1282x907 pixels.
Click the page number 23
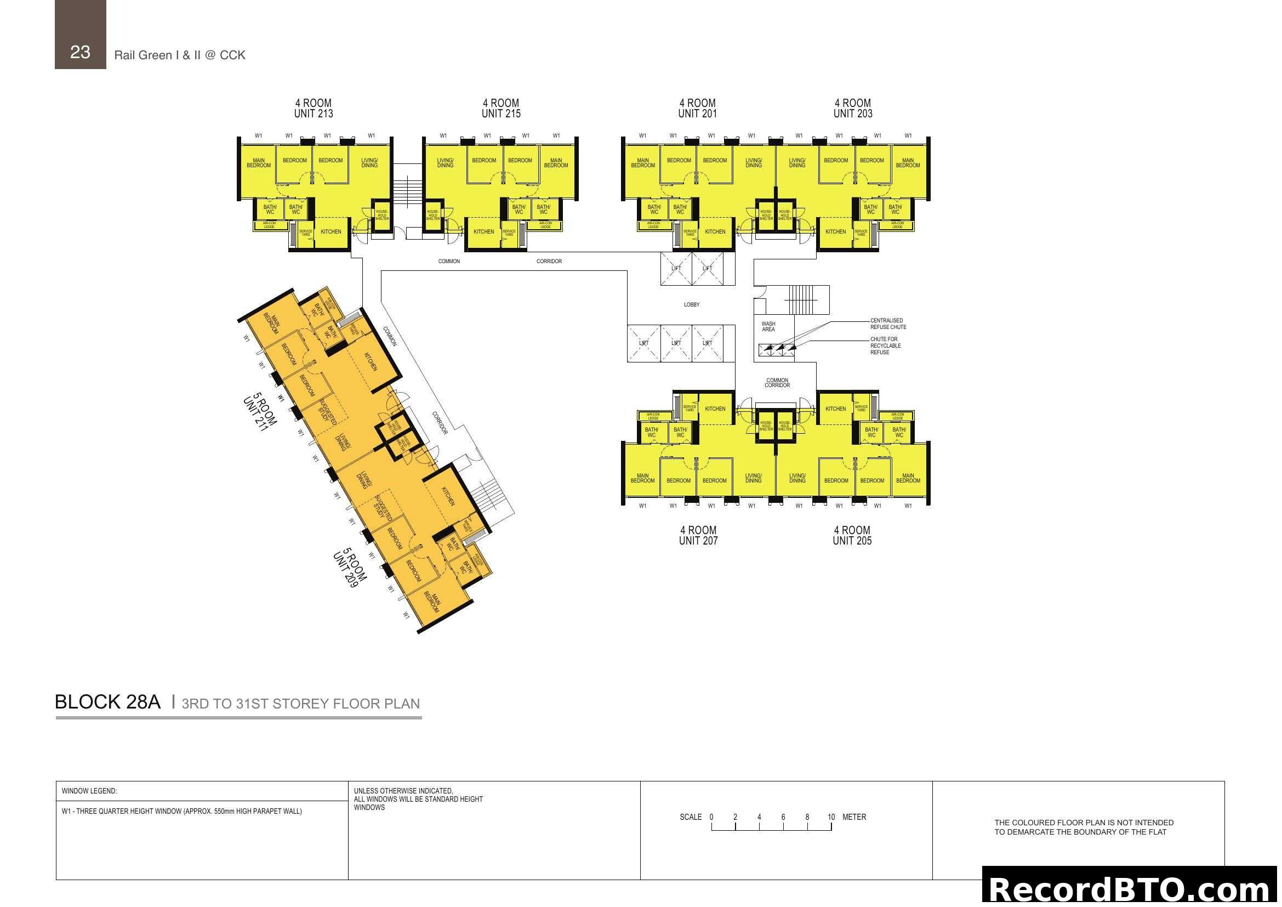80,52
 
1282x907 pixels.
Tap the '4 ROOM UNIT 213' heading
314,109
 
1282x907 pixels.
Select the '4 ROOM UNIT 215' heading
501,109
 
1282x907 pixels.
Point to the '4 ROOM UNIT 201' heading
697,109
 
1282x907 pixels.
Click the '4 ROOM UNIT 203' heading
853,109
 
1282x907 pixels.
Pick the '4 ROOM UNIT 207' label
698,535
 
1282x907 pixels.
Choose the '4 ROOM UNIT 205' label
852,535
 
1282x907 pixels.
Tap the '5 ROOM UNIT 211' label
260,412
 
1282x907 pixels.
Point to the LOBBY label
691,304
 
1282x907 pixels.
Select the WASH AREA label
768,326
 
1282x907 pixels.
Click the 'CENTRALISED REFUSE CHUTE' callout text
888,324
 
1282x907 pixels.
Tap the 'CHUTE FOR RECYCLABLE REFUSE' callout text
885,345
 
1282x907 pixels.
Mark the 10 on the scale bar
831,817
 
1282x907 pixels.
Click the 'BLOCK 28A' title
108,702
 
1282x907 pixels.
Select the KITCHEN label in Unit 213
331,232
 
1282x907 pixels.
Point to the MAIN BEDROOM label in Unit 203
908,163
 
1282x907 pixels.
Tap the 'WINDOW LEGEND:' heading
89,791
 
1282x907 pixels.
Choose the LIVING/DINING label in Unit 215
445,163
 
